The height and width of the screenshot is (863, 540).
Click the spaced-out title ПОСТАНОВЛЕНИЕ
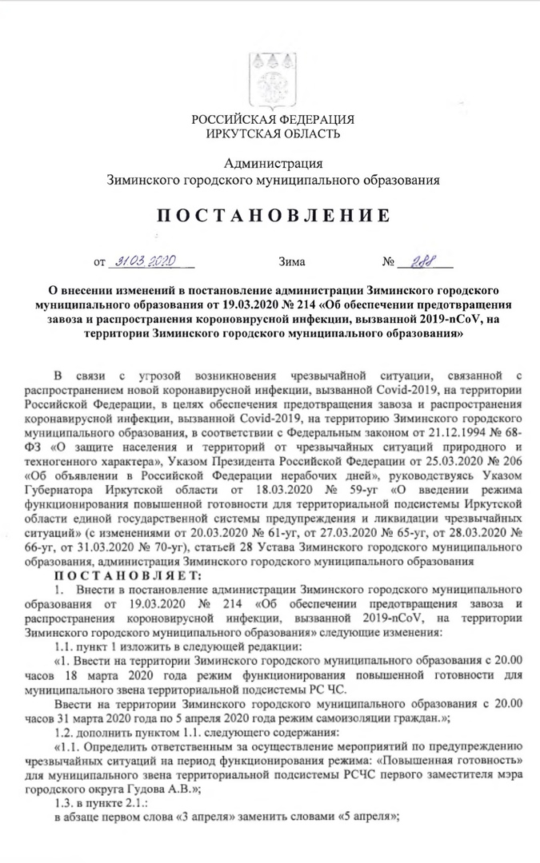pyautogui.click(x=272, y=216)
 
